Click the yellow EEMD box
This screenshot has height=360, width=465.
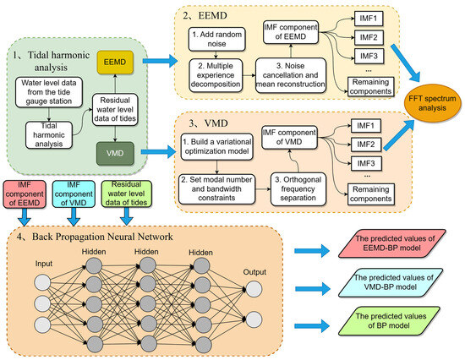pyautogui.click(x=115, y=63)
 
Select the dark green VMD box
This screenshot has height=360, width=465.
pyautogui.click(x=115, y=153)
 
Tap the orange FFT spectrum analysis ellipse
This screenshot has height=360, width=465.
pyautogui.click(x=432, y=103)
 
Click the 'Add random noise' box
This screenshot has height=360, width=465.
pyautogui.click(x=216, y=39)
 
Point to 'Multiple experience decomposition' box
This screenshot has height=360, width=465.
pyautogui.click(x=216, y=74)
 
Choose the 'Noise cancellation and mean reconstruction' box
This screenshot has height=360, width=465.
pyautogui.click(x=291, y=75)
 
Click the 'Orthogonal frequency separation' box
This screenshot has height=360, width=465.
pyautogui.click(x=298, y=188)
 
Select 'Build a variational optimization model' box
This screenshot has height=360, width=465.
pyautogui.click(x=216, y=146)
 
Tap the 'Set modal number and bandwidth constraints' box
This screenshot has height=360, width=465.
pyautogui.click(x=216, y=188)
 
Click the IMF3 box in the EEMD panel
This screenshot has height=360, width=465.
pyautogui.click(x=369, y=56)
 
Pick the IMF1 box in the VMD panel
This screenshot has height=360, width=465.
pyautogui.click(x=365, y=126)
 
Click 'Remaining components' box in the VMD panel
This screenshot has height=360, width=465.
pyautogui.click(x=370, y=194)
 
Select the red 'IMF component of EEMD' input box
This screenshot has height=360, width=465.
pyautogui.click(x=25, y=194)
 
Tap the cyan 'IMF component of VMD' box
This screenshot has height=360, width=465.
pyautogui.click(x=74, y=194)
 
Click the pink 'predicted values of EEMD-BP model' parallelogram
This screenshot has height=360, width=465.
pyautogui.click(x=392, y=243)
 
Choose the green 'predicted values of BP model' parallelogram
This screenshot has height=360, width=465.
pyautogui.click(x=390, y=321)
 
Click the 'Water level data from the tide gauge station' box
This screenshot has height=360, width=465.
pyautogui.click(x=49, y=92)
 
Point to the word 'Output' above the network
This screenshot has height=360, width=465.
pyautogui.click(x=254, y=272)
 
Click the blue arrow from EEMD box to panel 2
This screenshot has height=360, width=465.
pyautogui.click(x=160, y=61)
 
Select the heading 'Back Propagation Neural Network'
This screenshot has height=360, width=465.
pyautogui.click(x=102, y=237)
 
